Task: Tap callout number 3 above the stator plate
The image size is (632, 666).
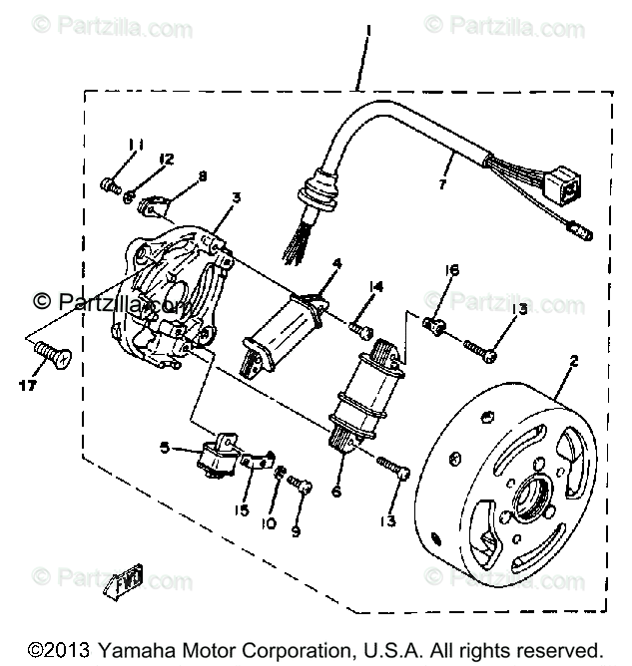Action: tap(236, 198)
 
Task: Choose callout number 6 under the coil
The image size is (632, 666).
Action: tap(335, 491)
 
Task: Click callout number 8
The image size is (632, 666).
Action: tap(203, 176)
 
